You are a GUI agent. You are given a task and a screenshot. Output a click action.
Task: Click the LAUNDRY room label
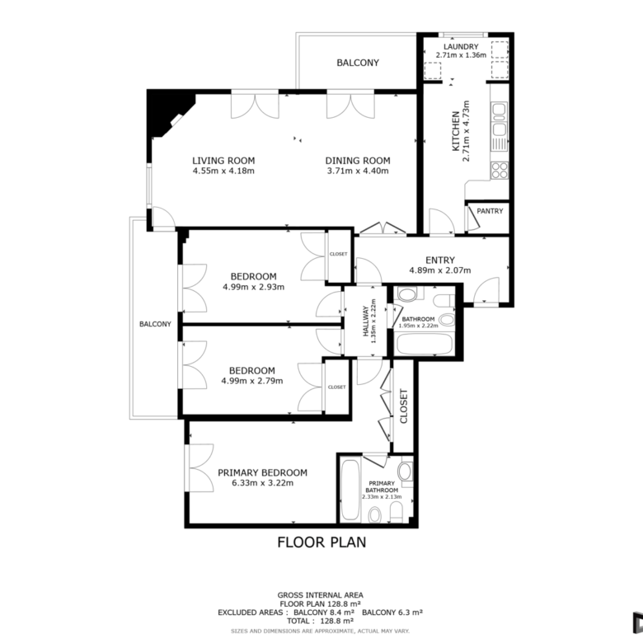point(461,46)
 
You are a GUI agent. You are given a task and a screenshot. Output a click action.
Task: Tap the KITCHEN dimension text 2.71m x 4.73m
point(466,131)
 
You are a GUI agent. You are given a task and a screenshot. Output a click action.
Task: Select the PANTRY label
point(490,211)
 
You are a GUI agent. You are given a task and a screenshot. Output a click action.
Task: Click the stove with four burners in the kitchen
point(500,170)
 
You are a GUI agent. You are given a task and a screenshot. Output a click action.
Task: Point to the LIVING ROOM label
point(223,161)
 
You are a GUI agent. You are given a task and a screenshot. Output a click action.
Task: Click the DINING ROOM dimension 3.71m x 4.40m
point(358,171)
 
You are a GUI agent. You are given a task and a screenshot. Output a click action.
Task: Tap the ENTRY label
point(440,260)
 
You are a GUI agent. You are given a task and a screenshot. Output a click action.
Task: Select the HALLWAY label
point(365,321)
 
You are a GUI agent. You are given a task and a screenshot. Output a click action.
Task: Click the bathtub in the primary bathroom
point(350,490)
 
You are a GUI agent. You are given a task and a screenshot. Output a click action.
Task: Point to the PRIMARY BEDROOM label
point(262,472)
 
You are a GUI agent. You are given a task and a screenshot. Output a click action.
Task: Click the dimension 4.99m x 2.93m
point(253,287)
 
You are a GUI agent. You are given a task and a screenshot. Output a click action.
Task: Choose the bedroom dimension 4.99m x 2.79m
point(251,381)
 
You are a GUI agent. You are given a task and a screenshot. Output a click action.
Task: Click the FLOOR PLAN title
point(321,542)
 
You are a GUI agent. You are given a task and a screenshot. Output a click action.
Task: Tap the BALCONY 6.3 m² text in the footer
point(392,612)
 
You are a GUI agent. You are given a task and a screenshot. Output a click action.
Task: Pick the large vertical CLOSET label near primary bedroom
point(403,406)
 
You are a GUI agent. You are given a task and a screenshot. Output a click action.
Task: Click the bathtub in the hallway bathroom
point(425,344)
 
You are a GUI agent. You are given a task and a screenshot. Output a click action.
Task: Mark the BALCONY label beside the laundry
point(358,63)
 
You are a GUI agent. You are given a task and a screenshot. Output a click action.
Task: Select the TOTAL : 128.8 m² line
point(320,621)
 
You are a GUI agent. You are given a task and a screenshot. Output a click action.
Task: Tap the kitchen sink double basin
point(500,119)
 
